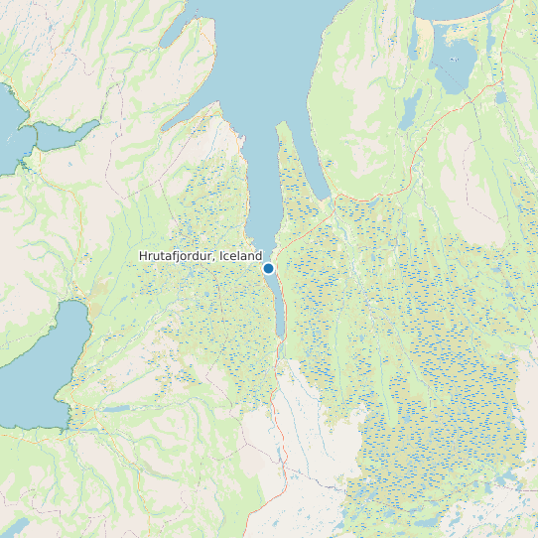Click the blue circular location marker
click(268, 268)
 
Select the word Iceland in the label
click(241, 256)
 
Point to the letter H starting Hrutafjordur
click(143, 256)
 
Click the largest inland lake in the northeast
click(456, 66)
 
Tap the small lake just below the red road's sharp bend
click(500, 97)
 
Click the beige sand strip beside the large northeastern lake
click(426, 40)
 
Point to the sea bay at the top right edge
click(467, 9)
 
